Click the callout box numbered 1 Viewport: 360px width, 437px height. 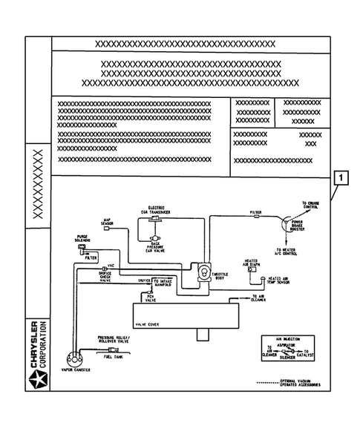coord(341,178)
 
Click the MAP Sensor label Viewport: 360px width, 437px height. coord(106,222)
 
